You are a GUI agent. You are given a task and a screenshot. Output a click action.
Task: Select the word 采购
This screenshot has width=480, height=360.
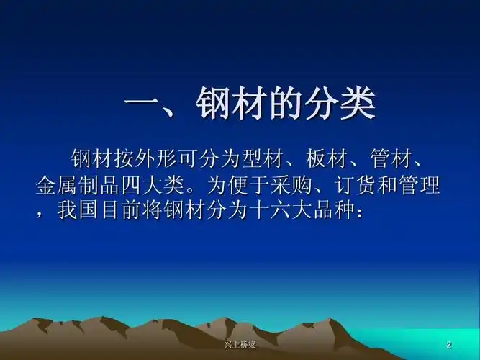point(290,185)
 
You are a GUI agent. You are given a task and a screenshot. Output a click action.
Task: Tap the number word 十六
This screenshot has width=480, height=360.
point(267,211)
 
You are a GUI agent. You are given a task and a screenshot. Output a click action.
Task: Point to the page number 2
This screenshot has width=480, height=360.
point(449,345)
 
